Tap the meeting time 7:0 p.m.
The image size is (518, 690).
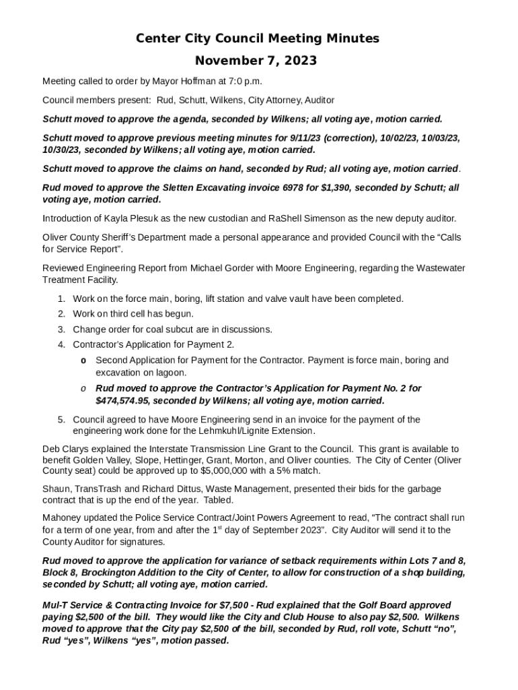(x=241, y=82)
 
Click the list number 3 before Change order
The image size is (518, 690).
(x=61, y=330)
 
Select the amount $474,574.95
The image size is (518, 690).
(x=126, y=401)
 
